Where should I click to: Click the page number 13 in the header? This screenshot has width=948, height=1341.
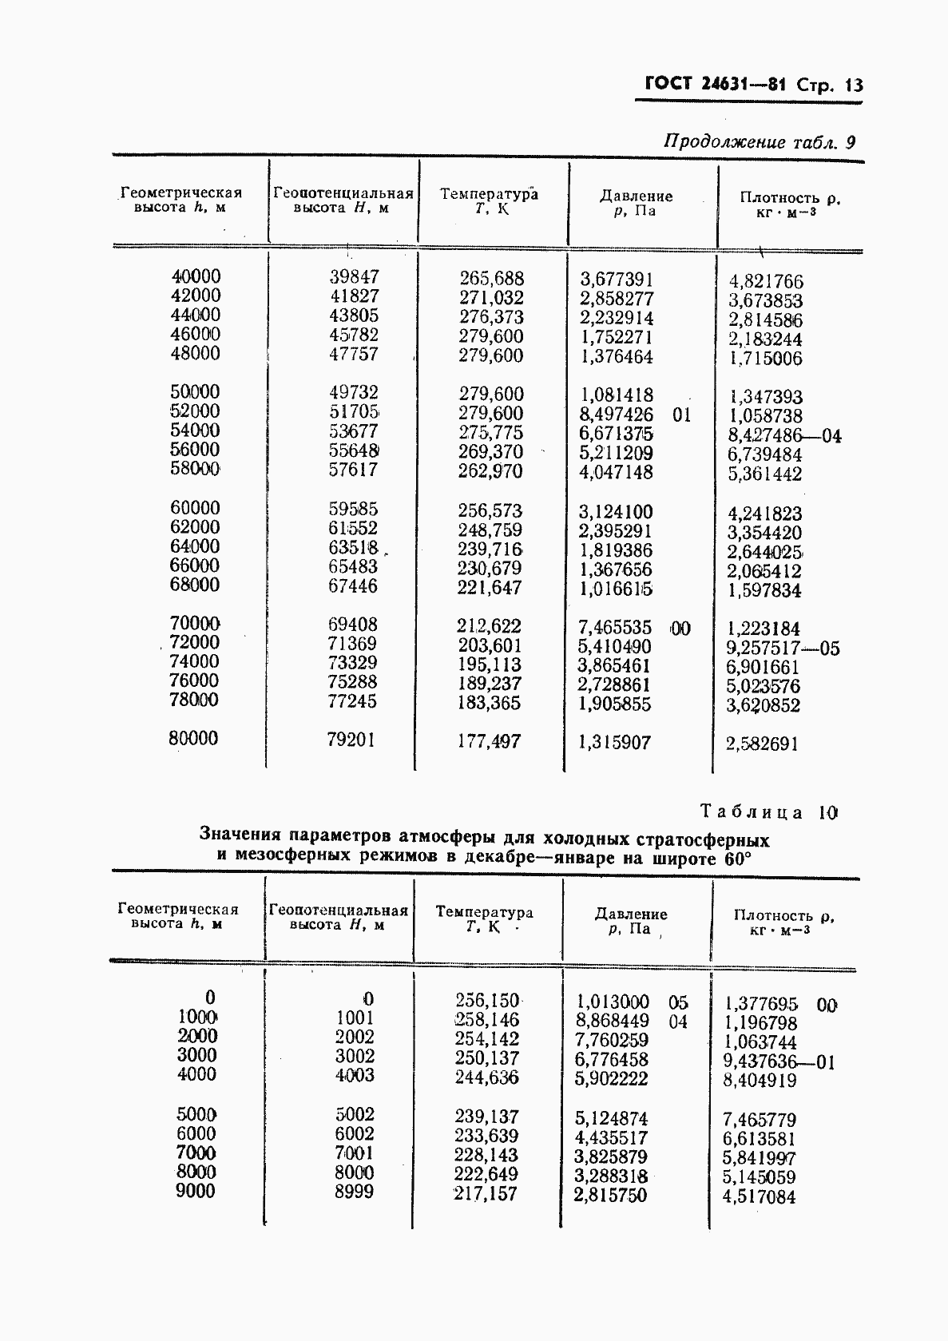click(x=853, y=85)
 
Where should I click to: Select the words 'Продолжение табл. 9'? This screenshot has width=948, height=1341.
click(x=760, y=143)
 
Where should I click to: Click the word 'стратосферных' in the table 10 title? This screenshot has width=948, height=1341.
click(x=704, y=839)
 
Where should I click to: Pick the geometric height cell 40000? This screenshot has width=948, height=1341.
click(x=196, y=276)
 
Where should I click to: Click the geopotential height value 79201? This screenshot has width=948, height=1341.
click(x=351, y=740)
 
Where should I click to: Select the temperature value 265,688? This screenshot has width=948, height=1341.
click(x=491, y=279)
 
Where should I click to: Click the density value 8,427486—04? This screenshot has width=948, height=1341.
click(x=784, y=436)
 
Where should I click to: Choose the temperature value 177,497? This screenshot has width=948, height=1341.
click(x=489, y=741)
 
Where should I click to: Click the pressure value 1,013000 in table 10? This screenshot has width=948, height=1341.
click(x=612, y=1002)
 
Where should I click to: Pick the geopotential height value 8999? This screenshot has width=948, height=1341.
click(x=355, y=1192)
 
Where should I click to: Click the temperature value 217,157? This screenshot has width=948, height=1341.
click(x=486, y=1194)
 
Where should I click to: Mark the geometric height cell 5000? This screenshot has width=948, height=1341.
click(x=196, y=1114)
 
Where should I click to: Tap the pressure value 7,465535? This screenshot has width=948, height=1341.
click(x=615, y=628)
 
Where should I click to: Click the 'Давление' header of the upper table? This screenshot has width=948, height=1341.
click(x=637, y=196)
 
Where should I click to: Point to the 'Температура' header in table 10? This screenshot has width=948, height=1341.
click(x=484, y=912)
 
